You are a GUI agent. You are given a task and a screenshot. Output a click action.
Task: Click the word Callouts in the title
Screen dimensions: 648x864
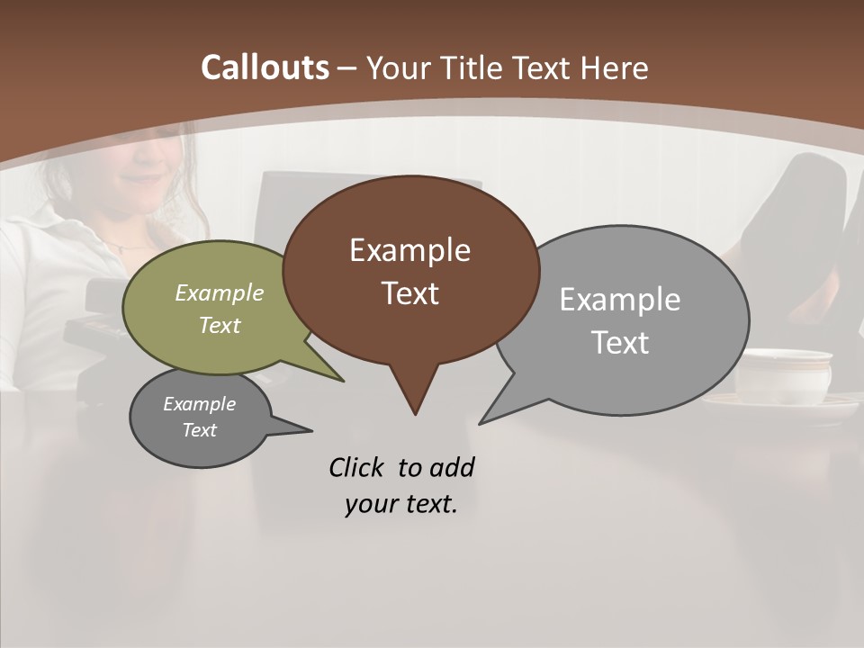click(x=265, y=67)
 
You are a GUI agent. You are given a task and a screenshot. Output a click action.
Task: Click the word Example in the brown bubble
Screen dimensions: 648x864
click(x=409, y=250)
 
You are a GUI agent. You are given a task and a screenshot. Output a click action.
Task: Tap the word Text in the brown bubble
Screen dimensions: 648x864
click(x=409, y=293)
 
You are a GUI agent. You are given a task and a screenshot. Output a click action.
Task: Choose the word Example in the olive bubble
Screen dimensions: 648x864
click(x=220, y=292)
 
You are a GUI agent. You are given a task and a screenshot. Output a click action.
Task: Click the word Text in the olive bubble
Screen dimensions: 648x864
click(x=220, y=325)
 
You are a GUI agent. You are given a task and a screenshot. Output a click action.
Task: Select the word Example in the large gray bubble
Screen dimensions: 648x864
click(x=620, y=300)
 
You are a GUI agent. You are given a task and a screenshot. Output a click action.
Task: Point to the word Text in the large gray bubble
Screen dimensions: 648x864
click(x=620, y=343)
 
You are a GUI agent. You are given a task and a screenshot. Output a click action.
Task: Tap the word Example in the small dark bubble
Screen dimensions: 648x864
click(x=199, y=404)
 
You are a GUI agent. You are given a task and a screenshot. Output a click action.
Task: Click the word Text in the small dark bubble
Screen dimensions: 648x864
click(x=199, y=430)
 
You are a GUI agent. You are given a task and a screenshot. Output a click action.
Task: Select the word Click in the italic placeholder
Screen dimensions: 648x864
click(x=356, y=467)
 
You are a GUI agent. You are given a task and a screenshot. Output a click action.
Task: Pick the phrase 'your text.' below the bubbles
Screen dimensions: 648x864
click(x=401, y=504)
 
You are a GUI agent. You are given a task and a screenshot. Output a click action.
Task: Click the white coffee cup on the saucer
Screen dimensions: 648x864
click(x=783, y=374)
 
